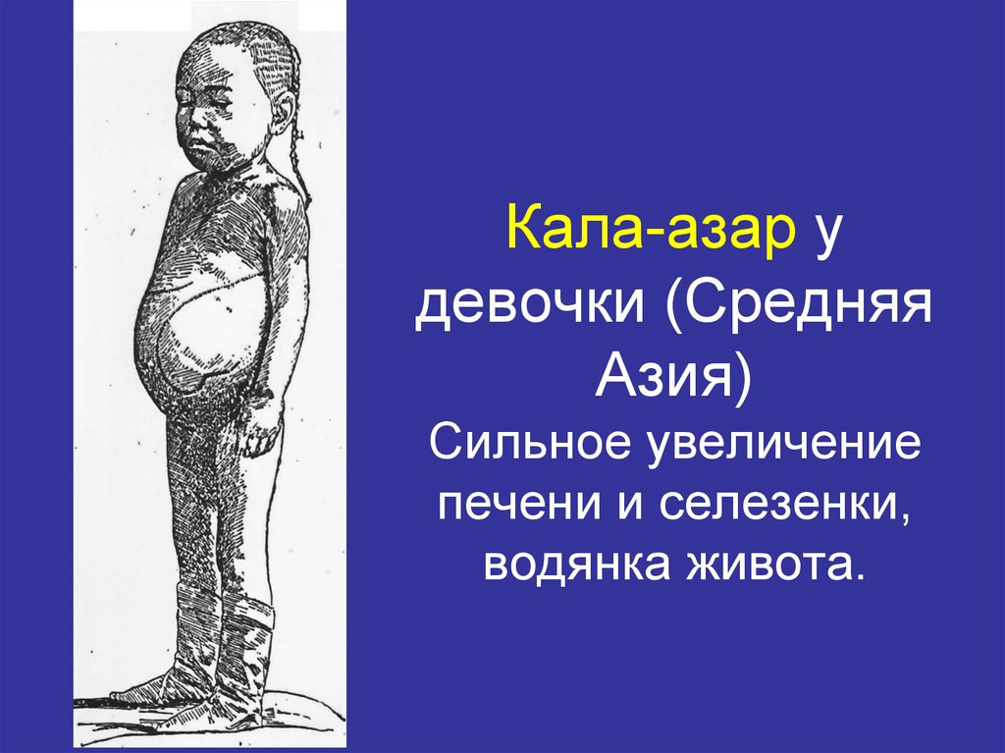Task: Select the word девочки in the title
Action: tap(531, 309)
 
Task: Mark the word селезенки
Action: tap(775, 506)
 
